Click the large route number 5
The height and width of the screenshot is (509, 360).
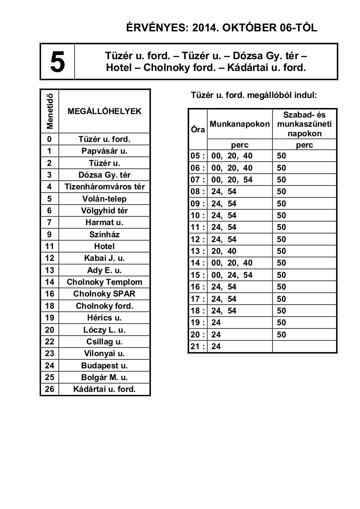(x=58, y=62)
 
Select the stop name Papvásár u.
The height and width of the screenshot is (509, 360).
(x=104, y=151)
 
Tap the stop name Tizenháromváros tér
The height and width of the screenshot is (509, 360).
(x=104, y=187)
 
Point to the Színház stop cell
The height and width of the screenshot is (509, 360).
(x=104, y=234)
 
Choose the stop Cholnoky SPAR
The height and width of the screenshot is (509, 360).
(x=104, y=294)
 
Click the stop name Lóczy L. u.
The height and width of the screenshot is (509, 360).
(x=104, y=330)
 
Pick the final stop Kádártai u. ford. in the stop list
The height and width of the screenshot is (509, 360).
(x=104, y=389)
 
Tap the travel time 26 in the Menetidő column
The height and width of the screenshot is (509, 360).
(x=50, y=389)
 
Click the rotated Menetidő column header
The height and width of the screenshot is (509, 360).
(x=50, y=111)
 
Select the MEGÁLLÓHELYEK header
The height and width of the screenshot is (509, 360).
(x=105, y=111)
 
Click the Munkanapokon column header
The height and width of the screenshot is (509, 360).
(x=240, y=124)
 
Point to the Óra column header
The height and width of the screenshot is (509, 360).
(x=198, y=130)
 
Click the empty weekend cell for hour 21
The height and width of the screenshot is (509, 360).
(x=304, y=347)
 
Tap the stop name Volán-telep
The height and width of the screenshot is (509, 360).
(x=104, y=199)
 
